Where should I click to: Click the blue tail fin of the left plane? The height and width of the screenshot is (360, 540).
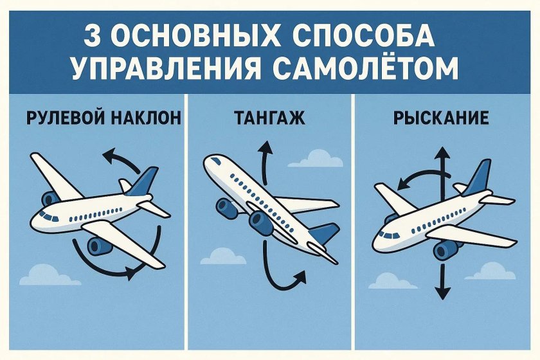pos(143,183)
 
